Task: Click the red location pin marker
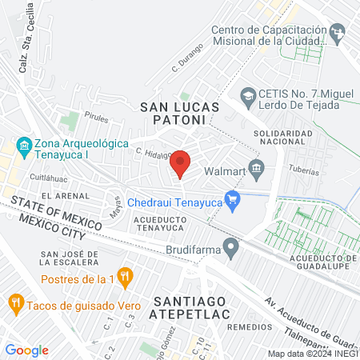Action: click(180, 164)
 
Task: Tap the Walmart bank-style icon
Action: click(257, 167)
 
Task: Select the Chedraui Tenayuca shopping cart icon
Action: click(233, 199)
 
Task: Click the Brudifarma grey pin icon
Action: click(231, 249)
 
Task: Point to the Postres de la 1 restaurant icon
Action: click(124, 277)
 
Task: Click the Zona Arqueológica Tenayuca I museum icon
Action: click(22, 147)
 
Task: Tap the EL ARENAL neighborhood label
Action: click(64, 195)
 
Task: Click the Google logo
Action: click(26, 350)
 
